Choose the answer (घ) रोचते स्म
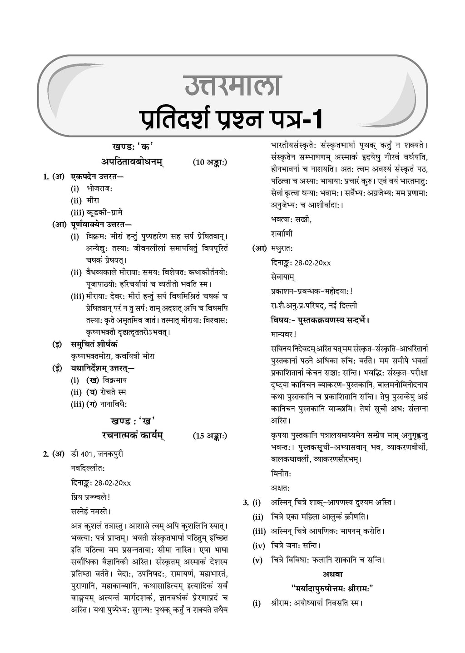pyautogui.click(x=106, y=392)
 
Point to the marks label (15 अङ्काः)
pyautogui.click(x=209, y=436)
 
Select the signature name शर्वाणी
pyautogui.click(x=282, y=234)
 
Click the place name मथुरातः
pyautogui.click(x=282, y=249)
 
